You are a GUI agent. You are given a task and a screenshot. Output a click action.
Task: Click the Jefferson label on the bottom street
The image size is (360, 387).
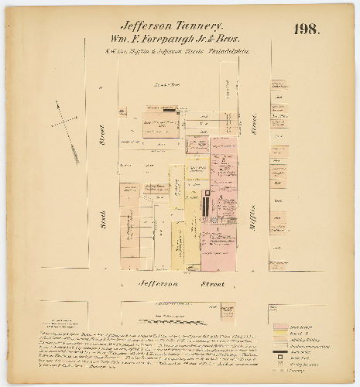pyautogui.click(x=158, y=285)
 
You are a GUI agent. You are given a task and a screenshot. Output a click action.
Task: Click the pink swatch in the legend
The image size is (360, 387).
pyautogui.click(x=279, y=308)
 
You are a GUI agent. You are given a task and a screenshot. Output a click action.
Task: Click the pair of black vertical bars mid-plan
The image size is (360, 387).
pyautogui.click(x=207, y=206)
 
